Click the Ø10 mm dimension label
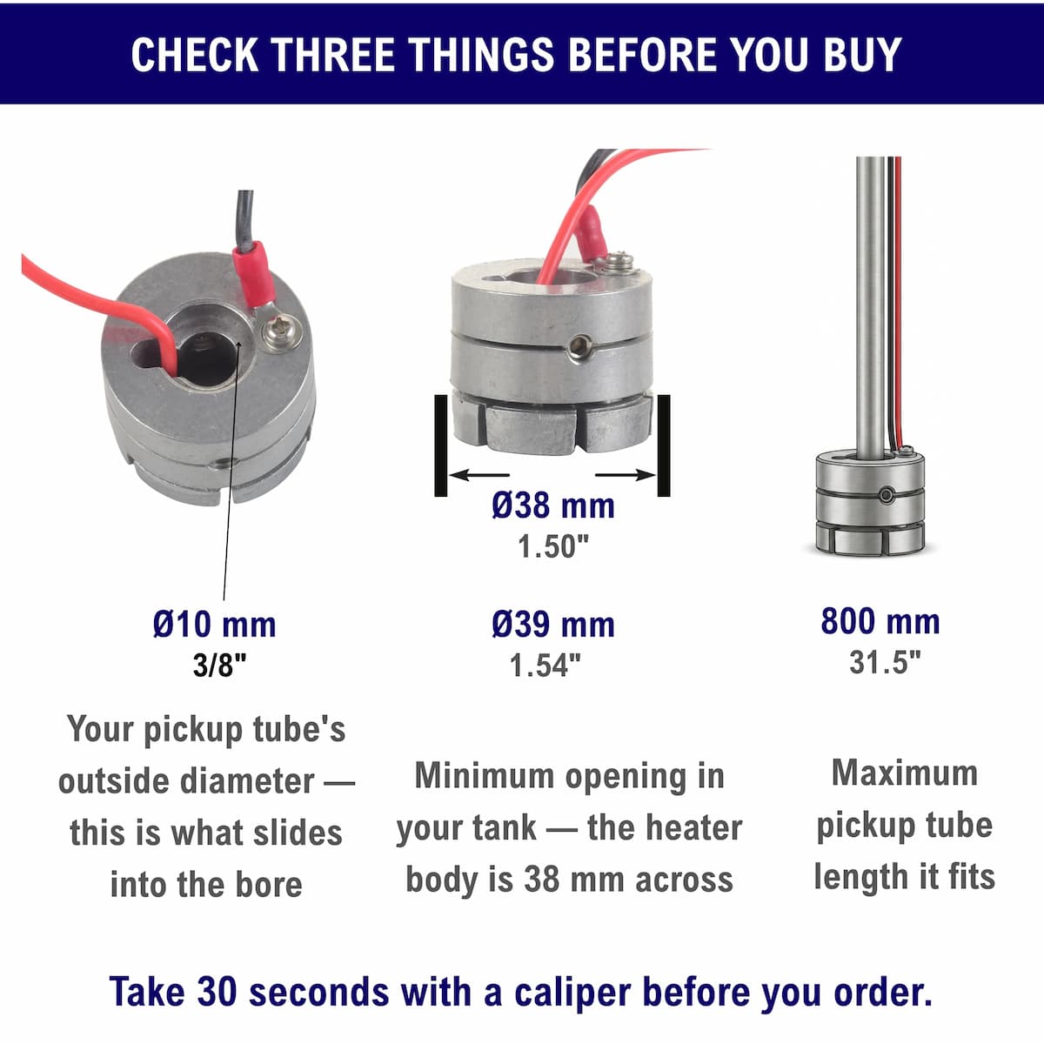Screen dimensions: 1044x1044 click(215, 625)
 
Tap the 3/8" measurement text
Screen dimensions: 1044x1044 click(219, 665)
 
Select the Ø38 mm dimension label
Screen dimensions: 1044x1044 click(553, 505)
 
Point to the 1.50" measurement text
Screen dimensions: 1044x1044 click(553, 546)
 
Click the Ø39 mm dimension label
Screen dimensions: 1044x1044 click(553, 625)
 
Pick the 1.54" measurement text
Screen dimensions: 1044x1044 click(545, 666)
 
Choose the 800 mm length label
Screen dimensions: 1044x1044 click(880, 621)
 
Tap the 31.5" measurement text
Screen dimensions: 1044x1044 click(885, 661)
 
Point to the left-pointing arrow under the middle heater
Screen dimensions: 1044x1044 click(478, 475)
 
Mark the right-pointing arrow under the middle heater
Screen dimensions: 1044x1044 click(626, 475)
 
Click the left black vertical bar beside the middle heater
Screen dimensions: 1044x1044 click(440, 445)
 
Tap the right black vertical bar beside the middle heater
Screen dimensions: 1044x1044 click(664, 445)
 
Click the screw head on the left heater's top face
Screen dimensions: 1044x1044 click(281, 331)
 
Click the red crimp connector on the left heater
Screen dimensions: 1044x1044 click(251, 274)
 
